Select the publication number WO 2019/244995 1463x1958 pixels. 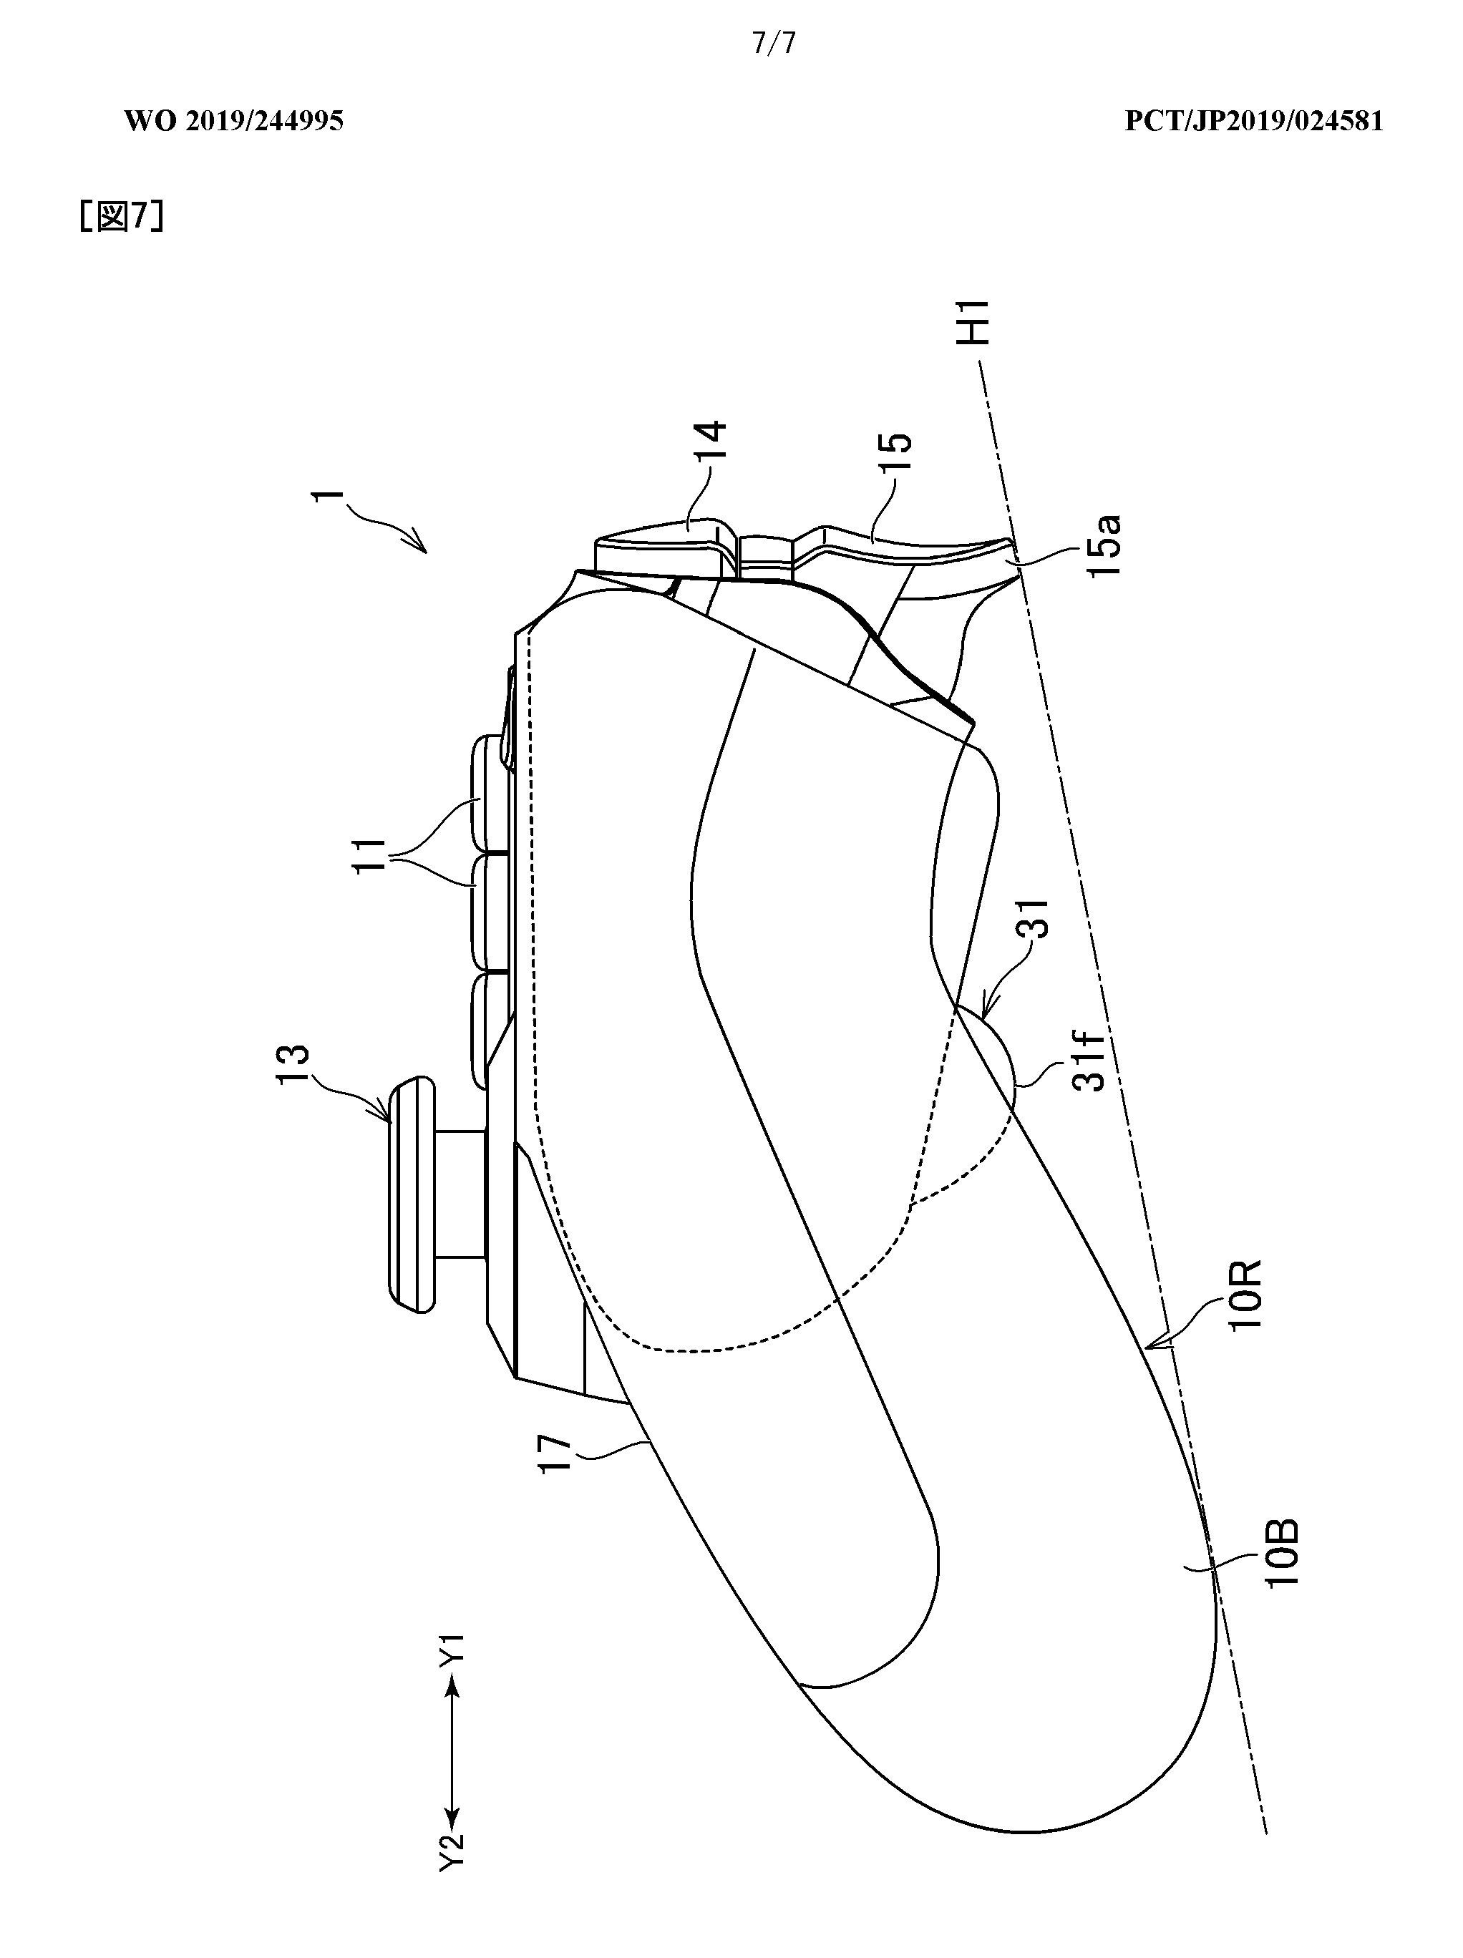[233, 121]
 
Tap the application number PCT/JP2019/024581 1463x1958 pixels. [1253, 121]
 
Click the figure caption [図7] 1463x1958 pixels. [120, 217]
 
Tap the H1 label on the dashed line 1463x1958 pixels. [977, 322]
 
